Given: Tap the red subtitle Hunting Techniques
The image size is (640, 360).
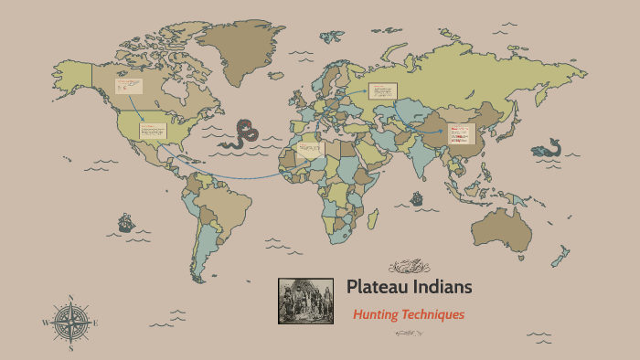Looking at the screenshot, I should coord(409,314).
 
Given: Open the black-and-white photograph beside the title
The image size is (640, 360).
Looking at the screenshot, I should coord(305,301).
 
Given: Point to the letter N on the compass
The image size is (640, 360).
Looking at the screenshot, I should coord(70,297).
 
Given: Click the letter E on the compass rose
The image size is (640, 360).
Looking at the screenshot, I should coord(96,323).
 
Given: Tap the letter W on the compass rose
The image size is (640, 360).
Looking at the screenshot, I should coord(44,323).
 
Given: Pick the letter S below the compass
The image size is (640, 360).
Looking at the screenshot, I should coord(70,349).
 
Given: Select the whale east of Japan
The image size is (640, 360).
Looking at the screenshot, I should coord(547,148).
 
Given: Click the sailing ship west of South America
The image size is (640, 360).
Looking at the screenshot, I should coord(125,222).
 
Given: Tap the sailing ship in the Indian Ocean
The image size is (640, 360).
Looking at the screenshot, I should coord(417,198).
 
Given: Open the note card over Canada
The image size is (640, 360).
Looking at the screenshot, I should coord(128,87).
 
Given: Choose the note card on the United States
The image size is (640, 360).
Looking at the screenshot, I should coord(153,131).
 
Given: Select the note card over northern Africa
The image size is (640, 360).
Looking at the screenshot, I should coord(310,149).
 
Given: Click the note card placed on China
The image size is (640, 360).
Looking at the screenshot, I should coord(457,135).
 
